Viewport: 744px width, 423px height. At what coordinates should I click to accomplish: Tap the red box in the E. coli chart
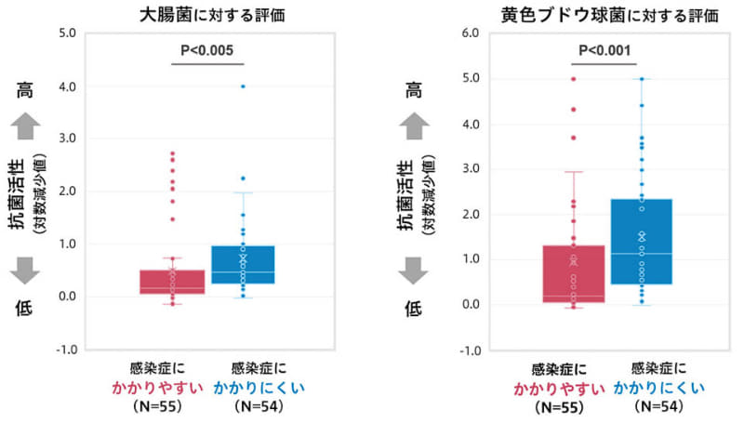[x=172, y=282]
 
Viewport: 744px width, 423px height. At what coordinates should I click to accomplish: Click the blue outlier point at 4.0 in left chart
[x=243, y=86]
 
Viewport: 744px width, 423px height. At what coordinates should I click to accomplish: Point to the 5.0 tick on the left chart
[x=66, y=33]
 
